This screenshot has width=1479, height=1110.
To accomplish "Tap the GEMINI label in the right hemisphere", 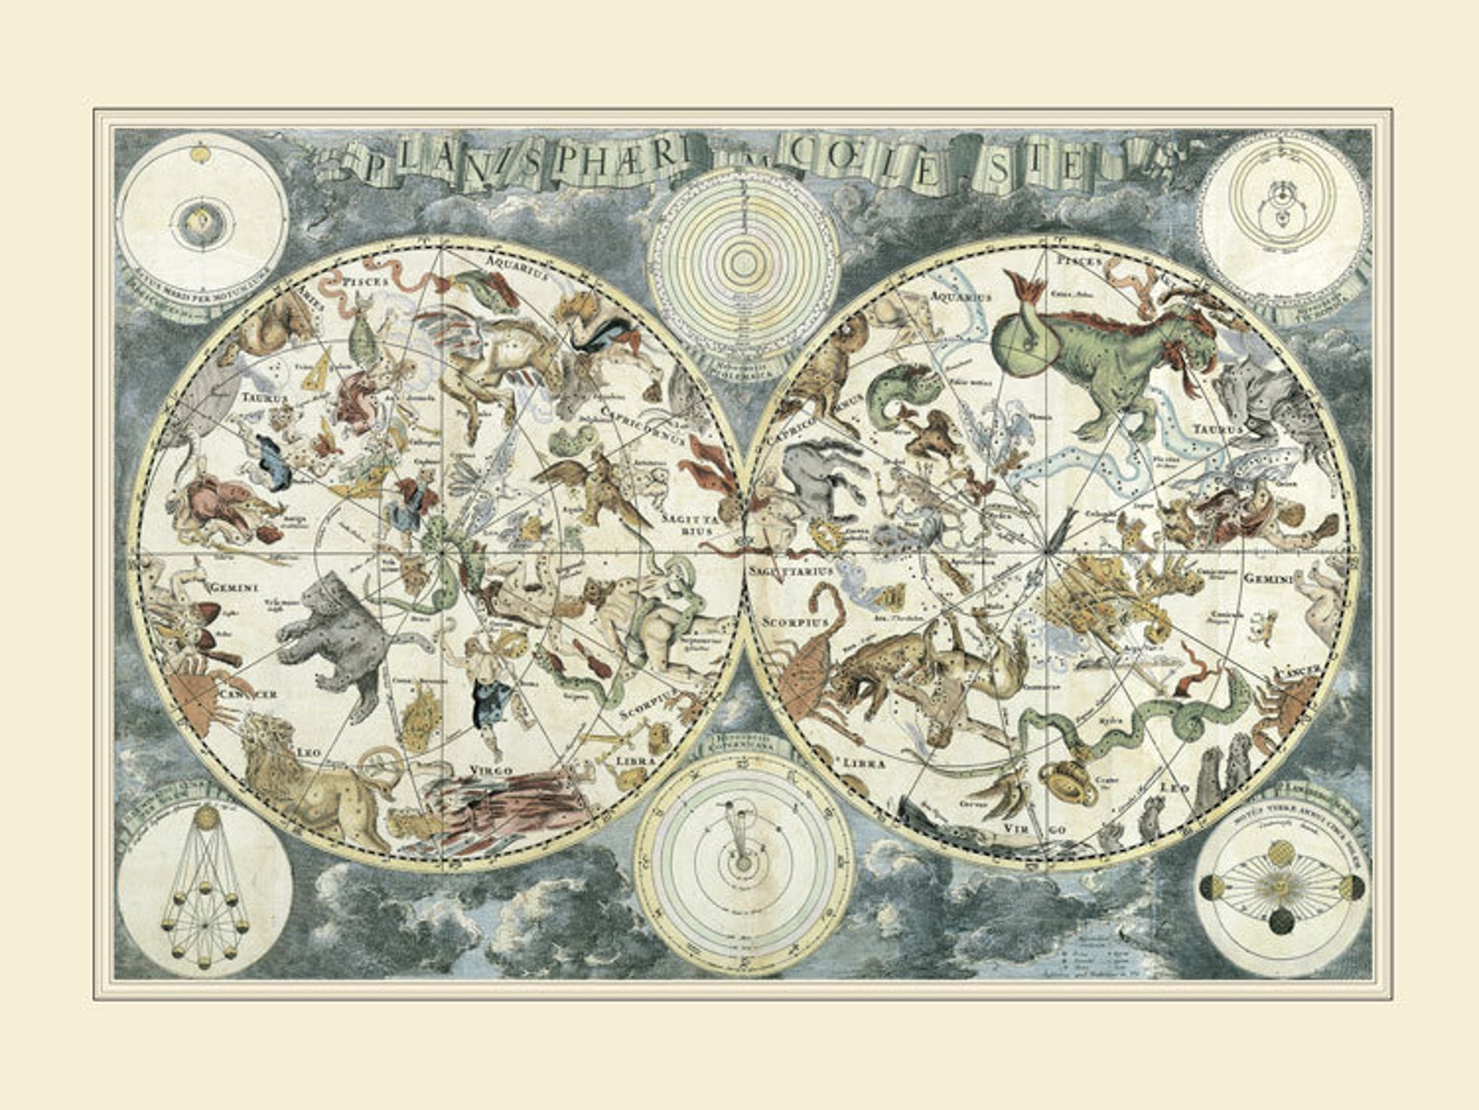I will point(1269,578).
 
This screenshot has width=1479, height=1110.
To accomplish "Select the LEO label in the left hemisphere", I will point(309,751).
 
